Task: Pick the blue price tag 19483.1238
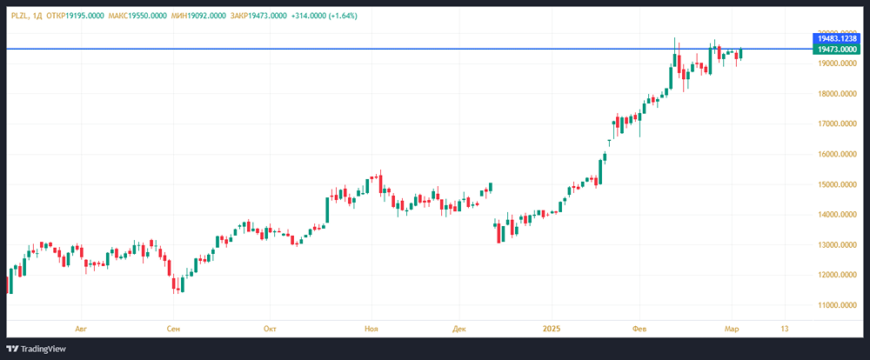(836, 39)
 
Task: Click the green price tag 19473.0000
(836, 50)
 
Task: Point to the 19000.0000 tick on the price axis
(836, 63)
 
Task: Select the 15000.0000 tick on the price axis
(836, 184)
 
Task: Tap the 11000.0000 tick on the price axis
(836, 305)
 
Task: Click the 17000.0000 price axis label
(836, 124)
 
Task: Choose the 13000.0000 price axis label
(836, 245)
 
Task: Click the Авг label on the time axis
(82, 329)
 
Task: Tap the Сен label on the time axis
(174, 329)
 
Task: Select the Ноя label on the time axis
(371, 329)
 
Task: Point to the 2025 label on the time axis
(552, 329)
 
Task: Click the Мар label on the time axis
(732, 329)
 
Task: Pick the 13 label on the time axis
(785, 329)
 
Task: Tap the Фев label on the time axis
(639, 329)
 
